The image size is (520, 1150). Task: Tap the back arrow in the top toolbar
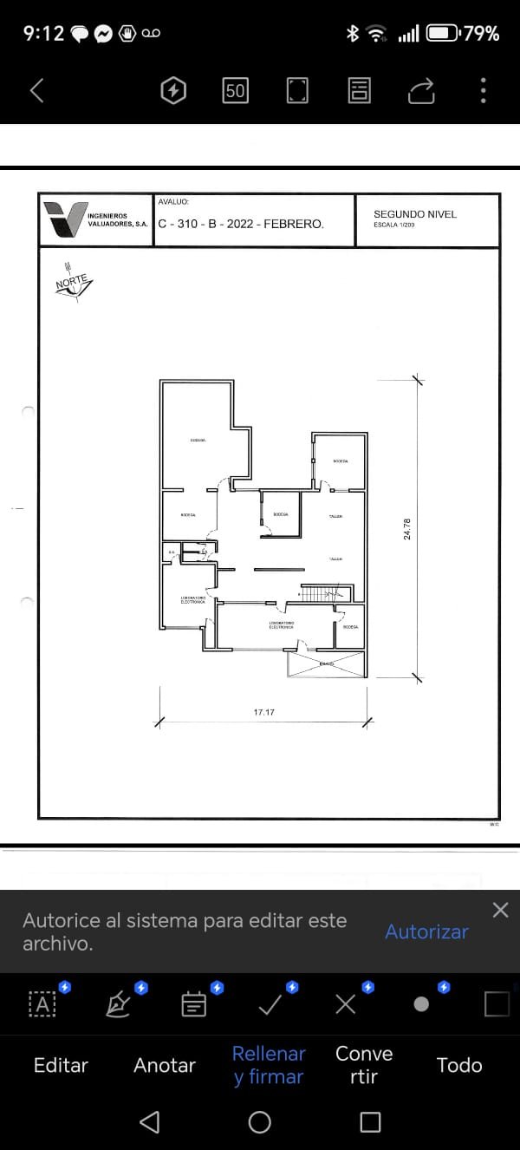[36, 90]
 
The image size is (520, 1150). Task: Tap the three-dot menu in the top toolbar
[483, 90]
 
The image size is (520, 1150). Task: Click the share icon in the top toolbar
[421, 90]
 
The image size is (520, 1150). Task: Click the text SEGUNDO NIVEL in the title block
[414, 214]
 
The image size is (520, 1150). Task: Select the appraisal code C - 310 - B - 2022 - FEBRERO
[241, 224]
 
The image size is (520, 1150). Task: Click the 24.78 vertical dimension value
[407, 529]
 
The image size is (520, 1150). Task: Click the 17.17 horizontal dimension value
[264, 712]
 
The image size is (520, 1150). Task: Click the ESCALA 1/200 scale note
[394, 225]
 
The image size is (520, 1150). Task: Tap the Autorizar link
[426, 931]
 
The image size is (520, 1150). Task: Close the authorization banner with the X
[500, 910]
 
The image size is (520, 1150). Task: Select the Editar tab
[61, 1065]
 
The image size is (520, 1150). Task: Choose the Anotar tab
[165, 1065]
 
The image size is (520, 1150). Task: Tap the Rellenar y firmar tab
[269, 1065]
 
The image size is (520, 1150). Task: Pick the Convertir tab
[364, 1065]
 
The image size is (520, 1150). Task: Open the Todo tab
[459, 1065]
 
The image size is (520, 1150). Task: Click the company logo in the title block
[66, 219]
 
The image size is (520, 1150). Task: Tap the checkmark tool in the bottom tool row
[270, 1005]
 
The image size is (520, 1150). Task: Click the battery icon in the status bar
[442, 34]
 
